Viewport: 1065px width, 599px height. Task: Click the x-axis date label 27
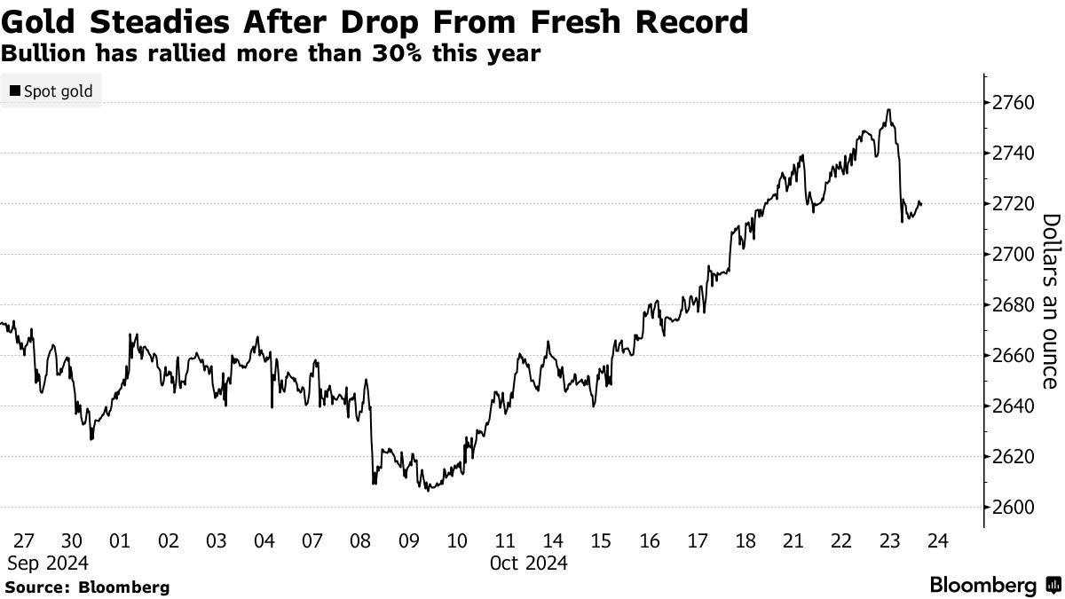pos(24,541)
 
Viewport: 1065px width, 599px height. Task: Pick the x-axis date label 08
pos(360,541)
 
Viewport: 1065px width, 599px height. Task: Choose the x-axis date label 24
pos(938,541)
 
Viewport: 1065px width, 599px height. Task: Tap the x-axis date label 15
pos(601,541)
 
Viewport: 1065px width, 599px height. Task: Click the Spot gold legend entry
pos(58,91)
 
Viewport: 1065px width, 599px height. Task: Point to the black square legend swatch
pos(15,91)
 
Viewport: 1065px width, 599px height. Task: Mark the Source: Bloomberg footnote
pos(87,587)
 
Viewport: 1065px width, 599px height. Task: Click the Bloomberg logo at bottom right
pos(994,586)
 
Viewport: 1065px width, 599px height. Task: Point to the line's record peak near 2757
pos(888,110)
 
